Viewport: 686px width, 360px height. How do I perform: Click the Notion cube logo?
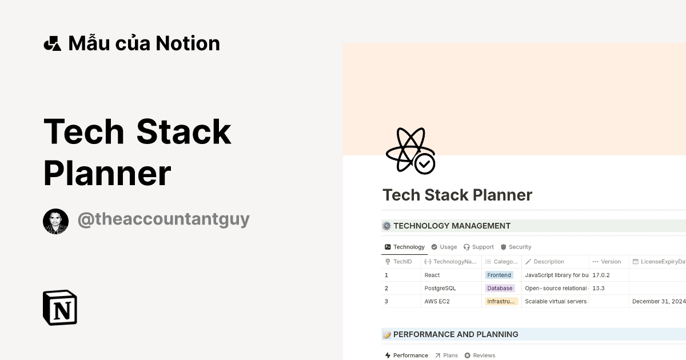pyautogui.click(x=60, y=307)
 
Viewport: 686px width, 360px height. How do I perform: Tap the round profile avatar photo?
pyautogui.click(x=55, y=221)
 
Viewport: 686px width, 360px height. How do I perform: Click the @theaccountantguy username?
pyautogui.click(x=163, y=219)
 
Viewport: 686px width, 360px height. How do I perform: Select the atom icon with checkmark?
pyautogui.click(x=410, y=151)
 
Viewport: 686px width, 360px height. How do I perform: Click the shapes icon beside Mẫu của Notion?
pyautogui.click(x=52, y=43)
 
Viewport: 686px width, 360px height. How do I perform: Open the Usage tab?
pyautogui.click(x=444, y=247)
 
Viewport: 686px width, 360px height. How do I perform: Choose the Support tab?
pyautogui.click(x=478, y=247)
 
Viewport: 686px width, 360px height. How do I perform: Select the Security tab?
pyautogui.click(x=516, y=247)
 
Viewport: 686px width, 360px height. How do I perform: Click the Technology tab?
pyautogui.click(x=405, y=247)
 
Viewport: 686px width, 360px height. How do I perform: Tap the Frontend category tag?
pyautogui.click(x=499, y=275)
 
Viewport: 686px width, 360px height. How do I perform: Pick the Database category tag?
pyautogui.click(x=500, y=288)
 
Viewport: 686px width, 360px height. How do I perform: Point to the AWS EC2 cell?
pyautogui.click(x=437, y=301)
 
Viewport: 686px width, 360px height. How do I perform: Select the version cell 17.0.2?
pyautogui.click(x=601, y=275)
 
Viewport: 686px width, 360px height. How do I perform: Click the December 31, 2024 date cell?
pyautogui.click(x=658, y=301)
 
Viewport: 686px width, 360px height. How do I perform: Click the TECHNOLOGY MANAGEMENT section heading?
pyautogui.click(x=452, y=226)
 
